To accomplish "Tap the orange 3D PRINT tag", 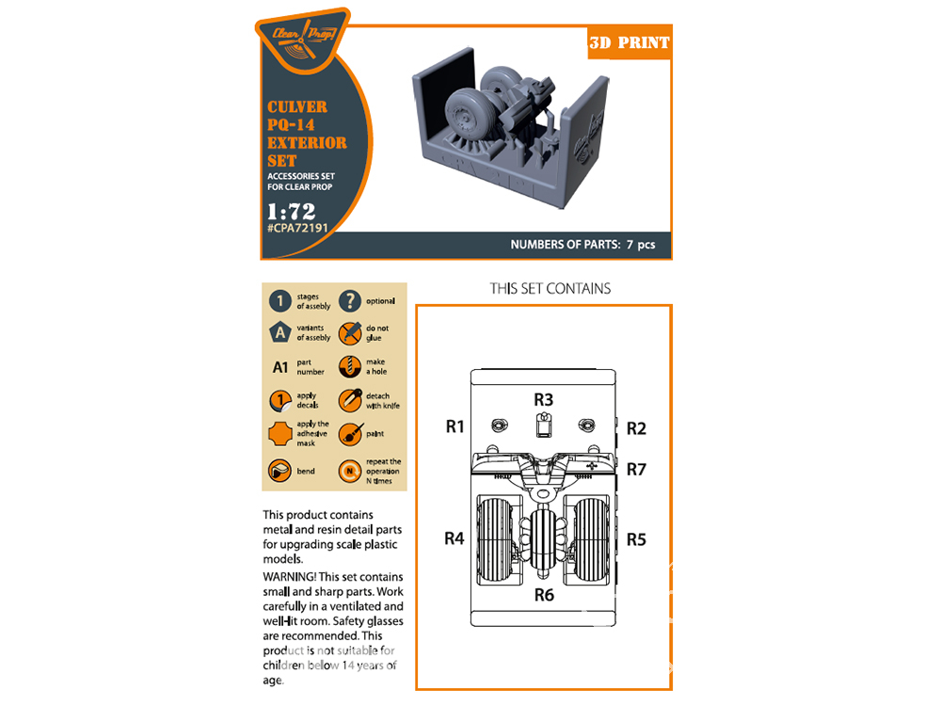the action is (x=629, y=42).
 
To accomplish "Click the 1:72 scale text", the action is (x=292, y=211).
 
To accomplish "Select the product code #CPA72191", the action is (x=297, y=228).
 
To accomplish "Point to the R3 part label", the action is (x=543, y=400).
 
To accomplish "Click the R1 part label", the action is (x=455, y=426).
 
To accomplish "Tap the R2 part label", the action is (x=636, y=428).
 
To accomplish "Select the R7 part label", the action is (x=636, y=470).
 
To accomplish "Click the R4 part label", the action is (x=455, y=539).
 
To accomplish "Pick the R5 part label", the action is (x=636, y=539).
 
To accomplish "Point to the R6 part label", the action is (x=544, y=595).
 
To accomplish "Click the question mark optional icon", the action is (x=350, y=301).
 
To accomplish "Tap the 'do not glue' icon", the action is (x=350, y=333).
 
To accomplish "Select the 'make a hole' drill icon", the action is (x=350, y=366).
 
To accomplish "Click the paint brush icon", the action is (x=350, y=434).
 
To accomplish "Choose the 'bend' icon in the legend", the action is (x=279, y=472).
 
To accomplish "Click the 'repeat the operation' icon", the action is (x=350, y=472).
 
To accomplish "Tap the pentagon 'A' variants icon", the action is (x=280, y=332).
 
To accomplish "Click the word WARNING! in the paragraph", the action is (x=289, y=577).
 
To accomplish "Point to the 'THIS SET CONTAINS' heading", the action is (x=550, y=289).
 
